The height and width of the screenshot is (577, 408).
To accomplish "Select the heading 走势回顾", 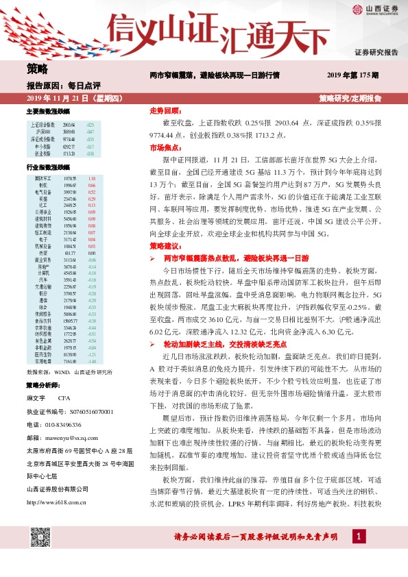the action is (164, 110).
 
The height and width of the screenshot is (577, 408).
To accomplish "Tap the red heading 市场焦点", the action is (164, 147).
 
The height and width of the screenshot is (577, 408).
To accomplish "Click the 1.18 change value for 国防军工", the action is (91, 178).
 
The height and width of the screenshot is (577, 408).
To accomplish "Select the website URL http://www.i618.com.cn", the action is (60, 484).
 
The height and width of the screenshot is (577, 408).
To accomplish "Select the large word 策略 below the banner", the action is (38, 69).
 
